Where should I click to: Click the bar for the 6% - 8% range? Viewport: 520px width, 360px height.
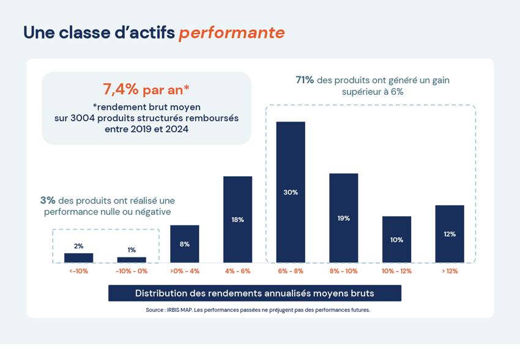tap(291, 192)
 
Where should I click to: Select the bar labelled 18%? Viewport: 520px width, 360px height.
tap(237, 219)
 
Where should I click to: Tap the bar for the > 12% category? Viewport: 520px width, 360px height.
tap(450, 234)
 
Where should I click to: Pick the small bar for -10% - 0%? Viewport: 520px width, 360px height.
tap(132, 260)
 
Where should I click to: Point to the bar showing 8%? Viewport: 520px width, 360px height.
tap(184, 244)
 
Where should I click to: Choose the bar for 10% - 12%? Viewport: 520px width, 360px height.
tap(396, 240)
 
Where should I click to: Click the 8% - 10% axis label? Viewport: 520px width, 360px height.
tap(343, 271)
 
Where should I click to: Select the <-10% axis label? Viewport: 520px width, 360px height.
tap(78, 271)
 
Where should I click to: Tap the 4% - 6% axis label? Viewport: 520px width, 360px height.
tap(237, 271)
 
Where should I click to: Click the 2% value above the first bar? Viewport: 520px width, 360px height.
tap(78, 246)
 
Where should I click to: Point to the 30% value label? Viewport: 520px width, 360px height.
tap(291, 192)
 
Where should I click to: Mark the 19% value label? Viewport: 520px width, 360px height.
tap(343, 218)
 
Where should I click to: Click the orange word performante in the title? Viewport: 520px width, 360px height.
tap(231, 33)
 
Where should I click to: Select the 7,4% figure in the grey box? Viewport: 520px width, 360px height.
tap(121, 89)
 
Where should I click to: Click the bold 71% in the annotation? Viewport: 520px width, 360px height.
tap(305, 80)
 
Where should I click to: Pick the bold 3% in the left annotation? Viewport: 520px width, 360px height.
tap(47, 200)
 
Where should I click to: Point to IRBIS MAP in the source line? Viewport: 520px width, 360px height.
tap(179, 310)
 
